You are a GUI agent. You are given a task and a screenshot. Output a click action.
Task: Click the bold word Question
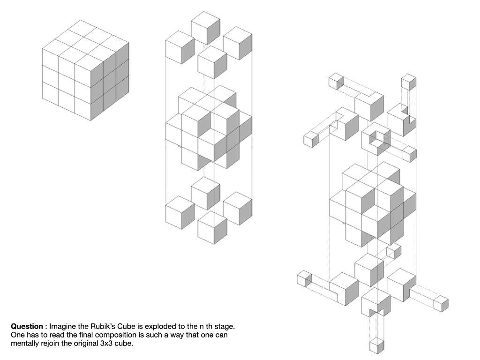(27, 326)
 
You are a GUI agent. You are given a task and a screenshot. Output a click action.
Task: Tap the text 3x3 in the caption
(106, 343)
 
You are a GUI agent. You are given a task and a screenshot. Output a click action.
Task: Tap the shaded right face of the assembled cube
(110, 81)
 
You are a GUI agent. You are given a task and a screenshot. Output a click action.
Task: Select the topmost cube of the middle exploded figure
(205, 28)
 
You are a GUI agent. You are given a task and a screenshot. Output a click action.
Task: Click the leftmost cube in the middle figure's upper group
(180, 47)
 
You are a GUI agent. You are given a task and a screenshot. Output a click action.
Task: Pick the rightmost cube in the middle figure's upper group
(238, 43)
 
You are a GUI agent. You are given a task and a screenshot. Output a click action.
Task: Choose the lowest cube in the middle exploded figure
(212, 227)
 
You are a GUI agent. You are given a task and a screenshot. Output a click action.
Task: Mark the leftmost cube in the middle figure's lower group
(180, 212)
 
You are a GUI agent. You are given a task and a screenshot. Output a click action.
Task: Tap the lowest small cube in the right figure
(377, 346)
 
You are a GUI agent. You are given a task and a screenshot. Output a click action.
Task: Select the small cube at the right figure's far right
(441, 304)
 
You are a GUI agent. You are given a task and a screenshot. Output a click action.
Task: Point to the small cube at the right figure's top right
(409, 82)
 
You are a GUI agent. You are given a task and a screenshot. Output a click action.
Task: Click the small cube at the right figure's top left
(337, 82)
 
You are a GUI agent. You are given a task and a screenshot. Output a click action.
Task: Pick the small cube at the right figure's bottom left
(304, 279)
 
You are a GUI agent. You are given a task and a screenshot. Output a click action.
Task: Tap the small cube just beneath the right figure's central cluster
(394, 251)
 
